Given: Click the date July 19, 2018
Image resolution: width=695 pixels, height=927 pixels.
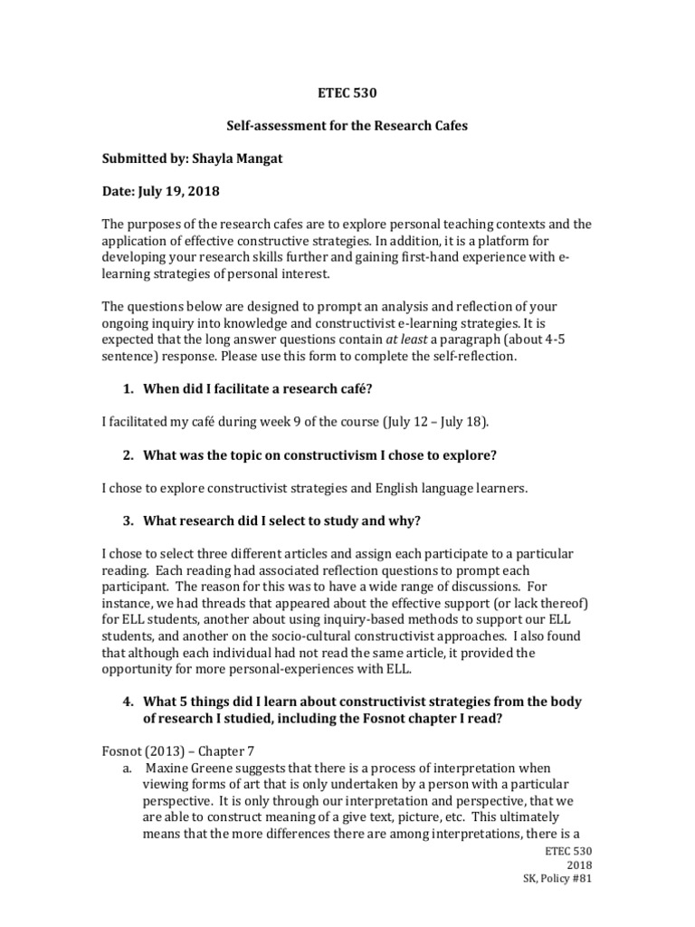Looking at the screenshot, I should [x=179, y=191].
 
